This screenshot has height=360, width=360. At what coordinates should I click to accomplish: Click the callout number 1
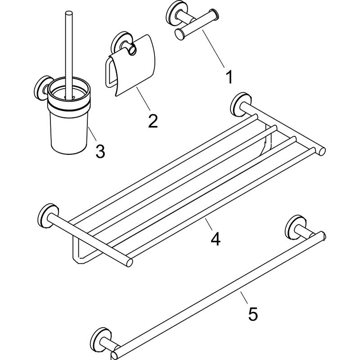pos(229,77)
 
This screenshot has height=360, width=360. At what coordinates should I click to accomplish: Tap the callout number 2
pos(153,121)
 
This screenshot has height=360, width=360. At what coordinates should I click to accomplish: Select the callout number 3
pos(100,151)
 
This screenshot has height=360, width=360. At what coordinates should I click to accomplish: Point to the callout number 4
pos(216,239)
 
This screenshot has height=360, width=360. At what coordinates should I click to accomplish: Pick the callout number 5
pos(253,314)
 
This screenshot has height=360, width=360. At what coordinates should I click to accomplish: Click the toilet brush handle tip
pos(69,13)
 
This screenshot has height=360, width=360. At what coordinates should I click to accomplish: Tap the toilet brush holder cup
pos(69,116)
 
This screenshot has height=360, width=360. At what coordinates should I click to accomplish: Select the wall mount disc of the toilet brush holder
pos(42,88)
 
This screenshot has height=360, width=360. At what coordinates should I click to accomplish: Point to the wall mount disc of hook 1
pos(174,13)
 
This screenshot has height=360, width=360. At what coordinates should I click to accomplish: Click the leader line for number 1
pos(213,49)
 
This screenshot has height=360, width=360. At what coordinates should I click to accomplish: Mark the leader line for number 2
pos(143,99)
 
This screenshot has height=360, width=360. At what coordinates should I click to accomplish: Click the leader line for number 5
pos(244,297)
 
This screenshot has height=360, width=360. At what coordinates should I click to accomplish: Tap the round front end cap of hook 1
pos(180,35)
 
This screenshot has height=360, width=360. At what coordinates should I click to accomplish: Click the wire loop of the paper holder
pos(110,72)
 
